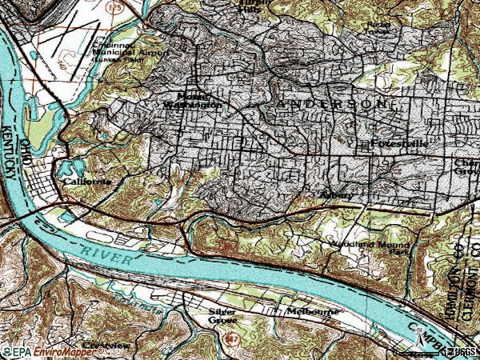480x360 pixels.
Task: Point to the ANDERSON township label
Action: click(x=336, y=105)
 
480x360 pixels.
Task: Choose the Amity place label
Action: click(x=335, y=194)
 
